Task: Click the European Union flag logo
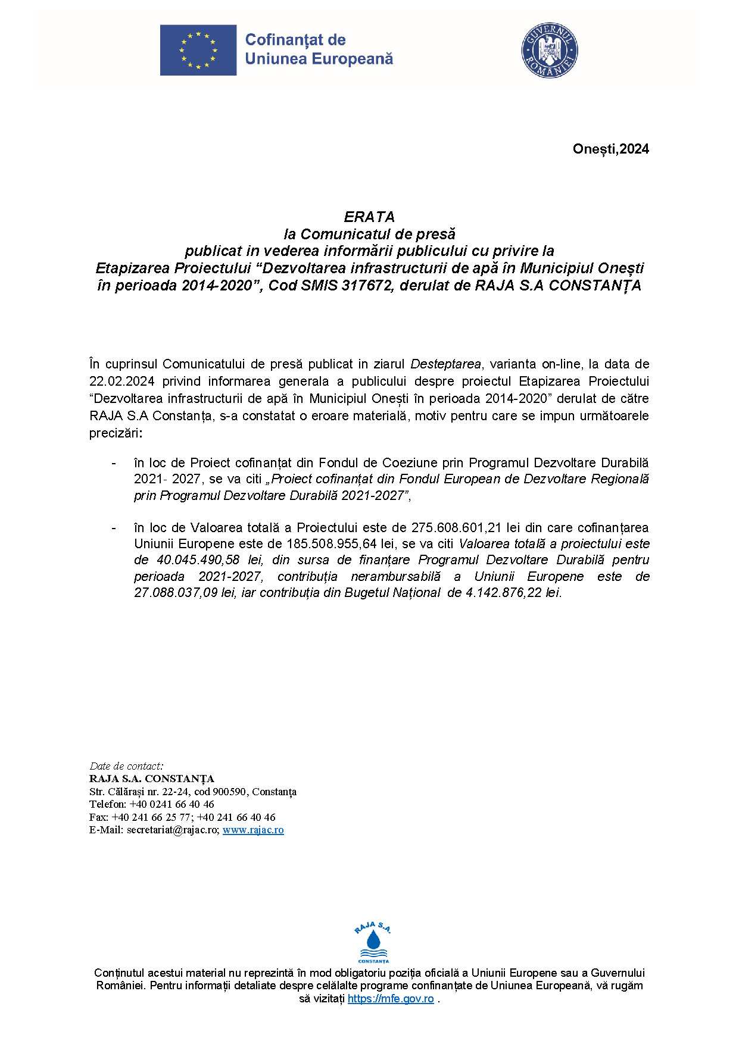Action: click(x=198, y=50)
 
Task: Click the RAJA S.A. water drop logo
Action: click(x=373, y=942)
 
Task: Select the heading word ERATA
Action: click(x=369, y=217)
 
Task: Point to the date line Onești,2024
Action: click(x=610, y=149)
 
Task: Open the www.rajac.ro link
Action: click(x=253, y=830)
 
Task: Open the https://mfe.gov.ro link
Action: click(x=391, y=999)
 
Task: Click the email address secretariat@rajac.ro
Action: click(x=173, y=830)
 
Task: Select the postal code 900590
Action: click(x=230, y=792)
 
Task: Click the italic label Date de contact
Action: click(x=126, y=766)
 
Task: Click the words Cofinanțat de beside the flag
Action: click(x=295, y=40)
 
